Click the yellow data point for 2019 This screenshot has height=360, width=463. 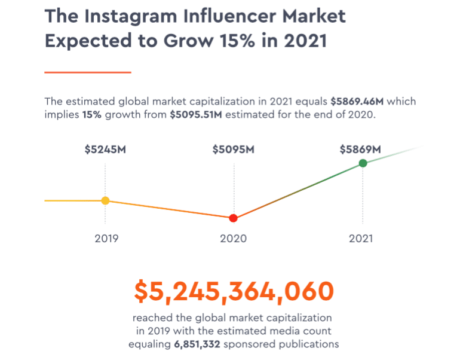(x=105, y=201)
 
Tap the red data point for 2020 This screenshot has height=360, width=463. (x=233, y=218)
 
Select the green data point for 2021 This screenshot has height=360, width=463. (x=362, y=163)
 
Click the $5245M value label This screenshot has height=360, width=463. (x=105, y=150)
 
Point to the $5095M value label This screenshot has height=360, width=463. (x=234, y=150)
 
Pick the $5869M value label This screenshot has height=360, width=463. (x=361, y=150)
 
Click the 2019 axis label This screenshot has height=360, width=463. (x=106, y=238)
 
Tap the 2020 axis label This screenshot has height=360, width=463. (x=234, y=238)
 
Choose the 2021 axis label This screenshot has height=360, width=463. (x=361, y=238)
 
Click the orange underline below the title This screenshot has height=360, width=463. (x=88, y=72)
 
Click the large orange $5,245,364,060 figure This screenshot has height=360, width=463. (x=234, y=291)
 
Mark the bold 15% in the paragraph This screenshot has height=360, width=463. (x=91, y=114)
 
